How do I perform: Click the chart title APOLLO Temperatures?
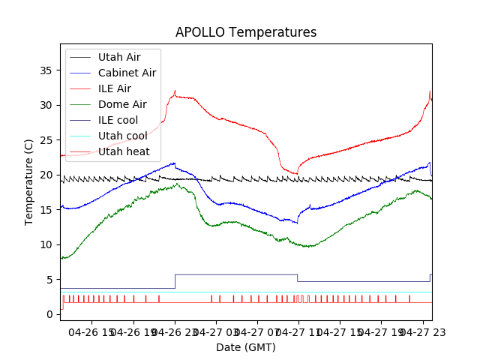[246, 33]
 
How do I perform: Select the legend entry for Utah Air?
[118, 57]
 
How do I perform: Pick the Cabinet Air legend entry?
[127, 73]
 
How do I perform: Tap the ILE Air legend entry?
[114, 88]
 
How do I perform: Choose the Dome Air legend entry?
[122, 104]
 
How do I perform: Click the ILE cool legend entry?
[118, 120]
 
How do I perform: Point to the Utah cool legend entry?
[122, 136]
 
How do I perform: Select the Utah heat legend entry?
[124, 151]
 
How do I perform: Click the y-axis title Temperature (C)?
[29, 182]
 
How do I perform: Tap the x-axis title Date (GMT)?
[246, 347]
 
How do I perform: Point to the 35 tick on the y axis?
[46, 70]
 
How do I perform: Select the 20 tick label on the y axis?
[46, 175]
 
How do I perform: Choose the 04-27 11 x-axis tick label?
[298, 331]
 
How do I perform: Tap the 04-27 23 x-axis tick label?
[421, 331]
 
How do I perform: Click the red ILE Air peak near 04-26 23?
[175, 91]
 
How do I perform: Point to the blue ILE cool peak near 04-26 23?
[174, 163]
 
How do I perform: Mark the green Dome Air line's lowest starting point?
[63, 258]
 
